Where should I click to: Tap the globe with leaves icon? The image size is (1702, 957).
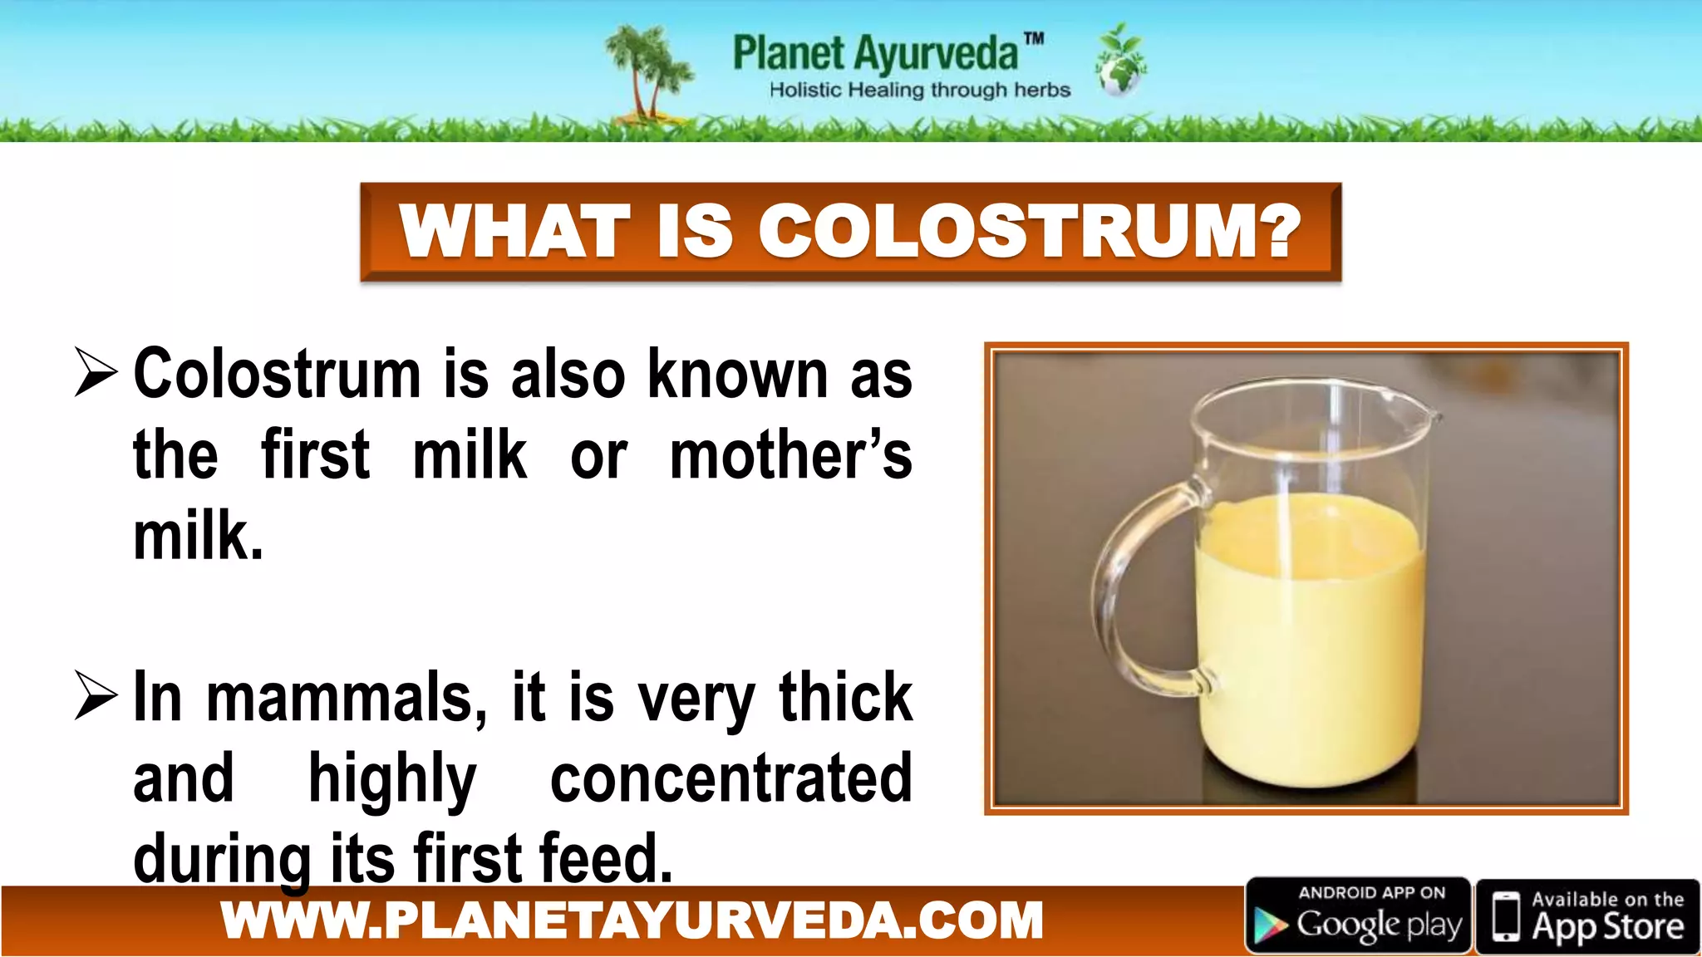pyautogui.click(x=1121, y=62)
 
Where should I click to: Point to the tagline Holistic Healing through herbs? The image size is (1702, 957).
pyautogui.click(x=919, y=90)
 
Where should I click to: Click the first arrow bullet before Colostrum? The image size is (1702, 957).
pyautogui.click(x=96, y=372)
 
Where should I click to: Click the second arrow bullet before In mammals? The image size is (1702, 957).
pyautogui.click(x=96, y=694)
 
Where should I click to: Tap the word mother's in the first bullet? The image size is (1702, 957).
pyautogui.click(x=790, y=455)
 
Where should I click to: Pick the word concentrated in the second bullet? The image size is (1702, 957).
pyautogui.click(x=731, y=778)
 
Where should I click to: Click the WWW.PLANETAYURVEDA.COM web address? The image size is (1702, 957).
pyautogui.click(x=632, y=920)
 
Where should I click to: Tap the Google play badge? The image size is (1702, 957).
pyautogui.click(x=1358, y=915)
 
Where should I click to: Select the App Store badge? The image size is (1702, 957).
pyautogui.click(x=1587, y=915)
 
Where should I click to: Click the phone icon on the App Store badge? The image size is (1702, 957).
pyautogui.click(x=1505, y=916)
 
